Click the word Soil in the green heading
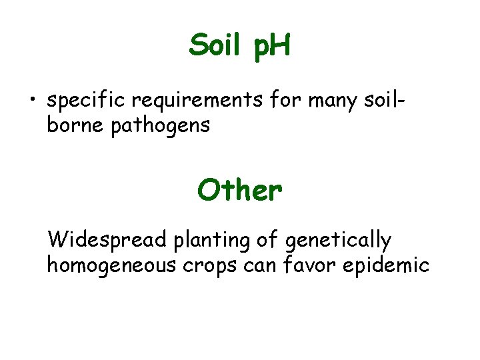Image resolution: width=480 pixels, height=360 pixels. coord(213,46)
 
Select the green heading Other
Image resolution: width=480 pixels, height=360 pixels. coord(239,191)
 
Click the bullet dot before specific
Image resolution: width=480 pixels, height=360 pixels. coord(31,101)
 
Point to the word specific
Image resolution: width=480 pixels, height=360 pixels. coord(86,102)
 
